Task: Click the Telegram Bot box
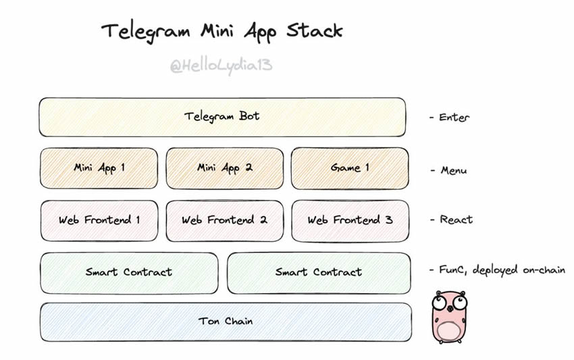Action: (222, 118)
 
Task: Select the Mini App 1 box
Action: (99, 168)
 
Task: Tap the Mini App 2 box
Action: (225, 168)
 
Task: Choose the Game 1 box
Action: (350, 168)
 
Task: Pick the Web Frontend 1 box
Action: (99, 220)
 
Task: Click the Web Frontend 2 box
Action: (225, 221)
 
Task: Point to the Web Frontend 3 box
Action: (350, 221)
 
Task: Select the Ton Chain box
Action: (226, 322)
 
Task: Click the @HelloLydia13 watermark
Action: (221, 66)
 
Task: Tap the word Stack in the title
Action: (315, 30)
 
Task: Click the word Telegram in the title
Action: (146, 32)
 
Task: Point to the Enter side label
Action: (454, 118)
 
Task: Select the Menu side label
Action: (454, 170)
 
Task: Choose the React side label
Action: (456, 220)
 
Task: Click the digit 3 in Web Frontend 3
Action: (389, 220)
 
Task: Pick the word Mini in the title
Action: (217, 30)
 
